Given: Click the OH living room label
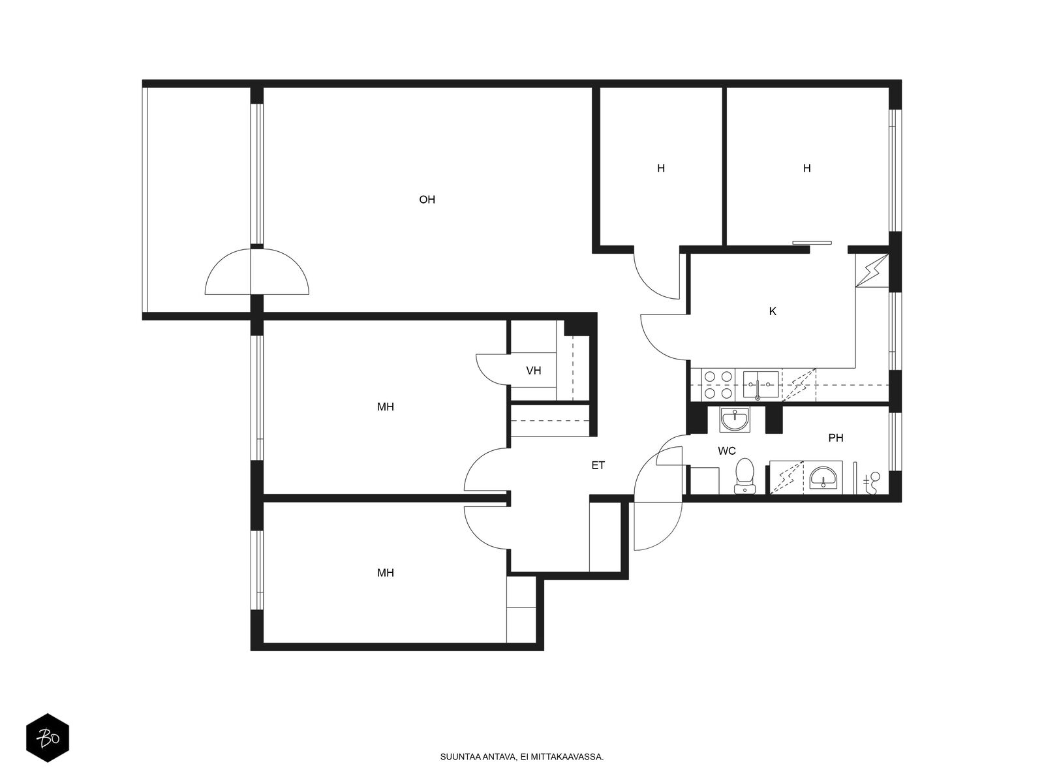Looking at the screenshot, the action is (x=427, y=200).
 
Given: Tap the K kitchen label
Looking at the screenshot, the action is (x=773, y=311).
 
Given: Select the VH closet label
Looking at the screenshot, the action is (x=533, y=371).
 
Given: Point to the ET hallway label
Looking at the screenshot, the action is (x=598, y=465).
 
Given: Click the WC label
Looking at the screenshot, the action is (x=726, y=451).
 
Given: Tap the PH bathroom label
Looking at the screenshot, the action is (x=836, y=438).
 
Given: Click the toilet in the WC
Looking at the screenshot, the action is (x=745, y=476).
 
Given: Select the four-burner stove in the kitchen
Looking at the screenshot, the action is (x=718, y=384).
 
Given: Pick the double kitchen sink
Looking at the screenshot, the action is (x=761, y=385).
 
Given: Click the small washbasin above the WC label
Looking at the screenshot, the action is (x=734, y=420).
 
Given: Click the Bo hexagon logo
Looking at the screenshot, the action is (x=48, y=738).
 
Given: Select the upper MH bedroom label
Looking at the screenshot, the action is (x=385, y=407).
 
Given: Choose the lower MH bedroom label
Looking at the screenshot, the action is (x=385, y=573).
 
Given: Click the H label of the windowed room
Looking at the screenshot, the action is (x=806, y=168).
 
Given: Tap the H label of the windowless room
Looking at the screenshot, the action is (x=660, y=168).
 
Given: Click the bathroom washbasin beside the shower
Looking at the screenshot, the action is (x=822, y=478).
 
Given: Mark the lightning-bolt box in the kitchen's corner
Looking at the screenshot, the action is (x=871, y=271).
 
